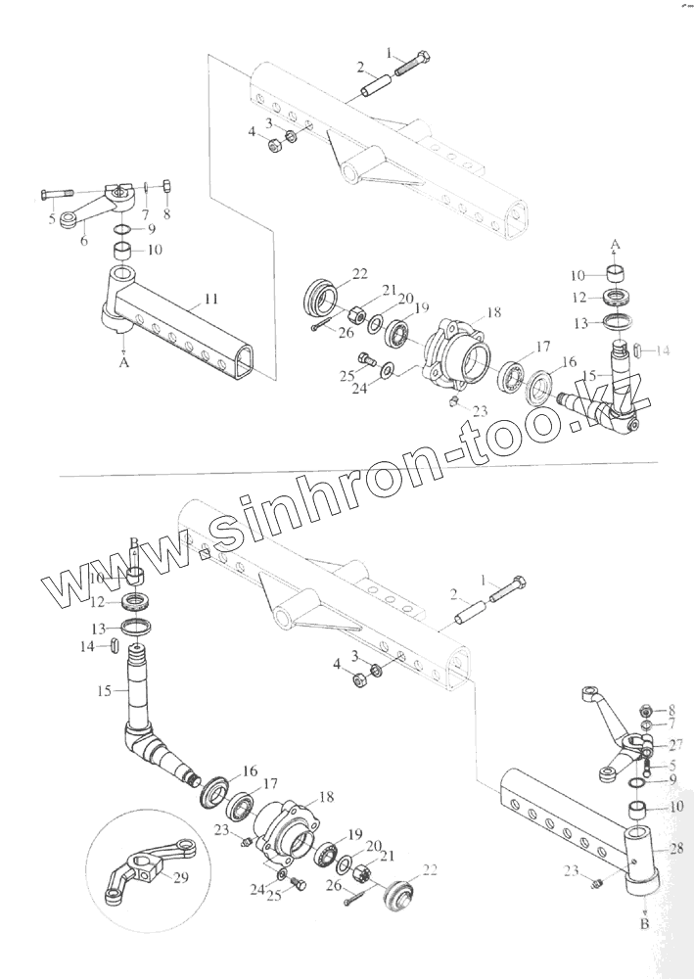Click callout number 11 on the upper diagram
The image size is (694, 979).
point(212,299)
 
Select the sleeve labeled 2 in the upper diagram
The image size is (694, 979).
point(377,86)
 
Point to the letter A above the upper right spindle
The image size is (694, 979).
point(616,241)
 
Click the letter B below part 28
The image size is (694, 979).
point(643,922)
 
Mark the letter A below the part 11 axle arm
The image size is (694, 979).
point(124,360)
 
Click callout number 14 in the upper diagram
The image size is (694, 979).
point(663,350)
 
